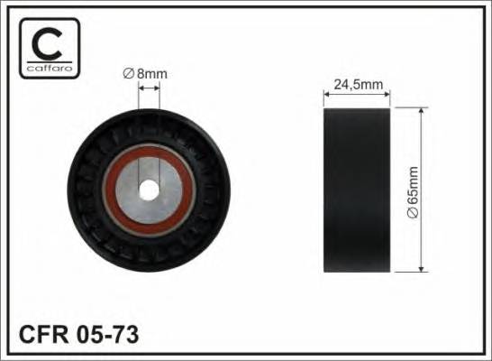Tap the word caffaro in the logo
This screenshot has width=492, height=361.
click(x=50, y=69)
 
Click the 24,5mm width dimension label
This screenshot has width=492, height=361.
click(x=359, y=84)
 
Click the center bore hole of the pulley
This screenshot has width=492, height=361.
click(x=149, y=190)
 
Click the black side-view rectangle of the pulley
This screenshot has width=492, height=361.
click(x=357, y=190)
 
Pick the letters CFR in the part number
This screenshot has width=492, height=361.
click(x=43, y=334)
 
